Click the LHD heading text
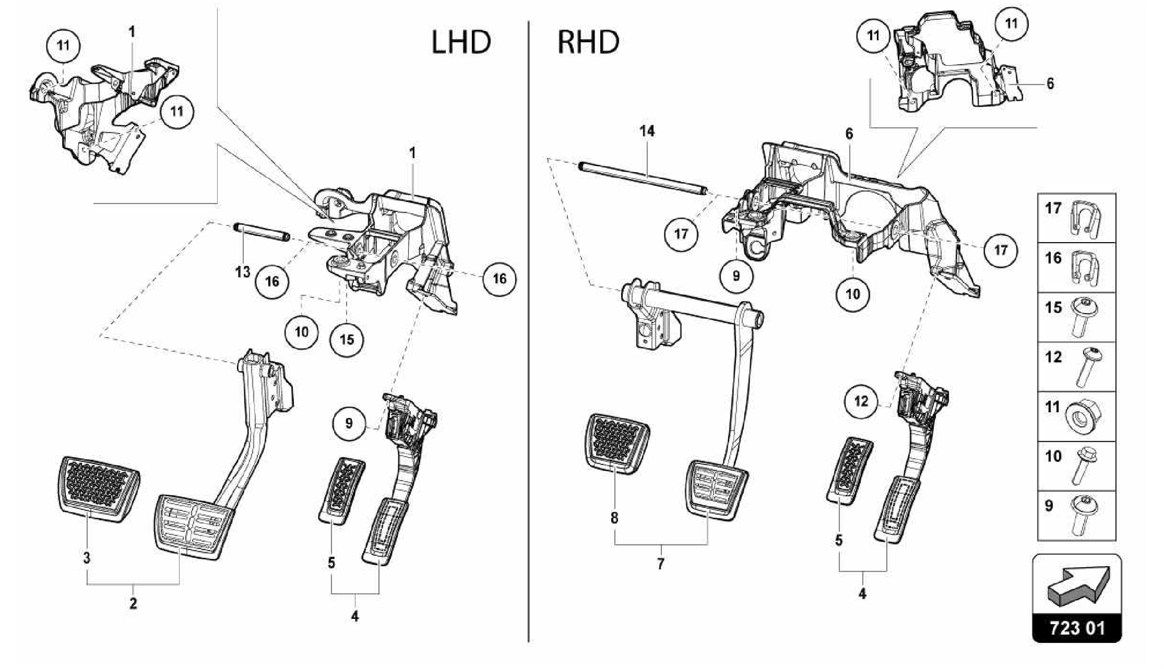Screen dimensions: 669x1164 pyautogui.click(x=461, y=43)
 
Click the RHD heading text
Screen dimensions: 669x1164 pyautogui.click(x=588, y=43)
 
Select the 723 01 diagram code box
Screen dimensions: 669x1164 pyautogui.click(x=1076, y=628)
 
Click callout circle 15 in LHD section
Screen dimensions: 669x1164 pyautogui.click(x=347, y=339)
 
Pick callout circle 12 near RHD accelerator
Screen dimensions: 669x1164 pyautogui.click(x=861, y=401)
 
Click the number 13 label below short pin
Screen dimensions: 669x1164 pyautogui.click(x=243, y=272)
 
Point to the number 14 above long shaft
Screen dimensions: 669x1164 pyautogui.click(x=647, y=131)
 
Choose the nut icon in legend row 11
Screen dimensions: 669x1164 pyautogui.click(x=1084, y=418)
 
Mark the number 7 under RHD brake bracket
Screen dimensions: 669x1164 pyautogui.click(x=660, y=564)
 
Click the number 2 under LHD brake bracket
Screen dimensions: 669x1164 pyautogui.click(x=133, y=604)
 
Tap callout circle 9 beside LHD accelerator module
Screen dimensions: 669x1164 pyautogui.click(x=349, y=423)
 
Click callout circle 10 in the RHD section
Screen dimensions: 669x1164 pyautogui.click(x=853, y=294)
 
